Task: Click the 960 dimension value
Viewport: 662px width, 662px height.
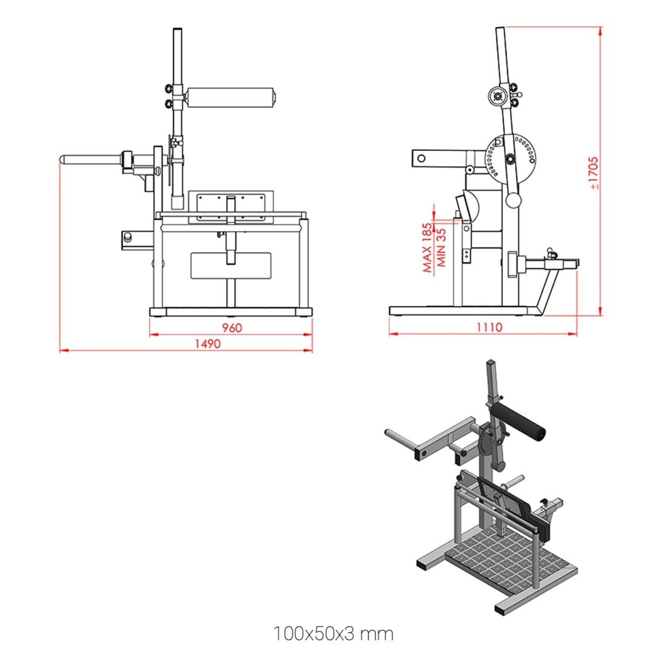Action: [x=232, y=328]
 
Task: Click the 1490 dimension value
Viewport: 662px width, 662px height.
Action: [x=208, y=344]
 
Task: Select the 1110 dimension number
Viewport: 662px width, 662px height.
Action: [x=489, y=327]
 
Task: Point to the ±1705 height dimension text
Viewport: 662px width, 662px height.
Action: [x=593, y=173]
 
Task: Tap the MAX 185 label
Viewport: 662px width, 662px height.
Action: [x=427, y=247]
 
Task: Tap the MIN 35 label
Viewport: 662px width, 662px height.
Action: [x=441, y=247]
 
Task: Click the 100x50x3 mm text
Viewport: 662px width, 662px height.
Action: [x=333, y=633]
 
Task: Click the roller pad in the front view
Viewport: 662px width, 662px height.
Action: [x=230, y=98]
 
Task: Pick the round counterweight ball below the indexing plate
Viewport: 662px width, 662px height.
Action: [x=513, y=201]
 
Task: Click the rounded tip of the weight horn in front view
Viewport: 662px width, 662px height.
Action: [x=63, y=159]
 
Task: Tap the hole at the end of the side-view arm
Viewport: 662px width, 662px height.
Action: [x=421, y=158]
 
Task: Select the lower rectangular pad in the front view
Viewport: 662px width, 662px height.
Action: [x=230, y=266]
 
